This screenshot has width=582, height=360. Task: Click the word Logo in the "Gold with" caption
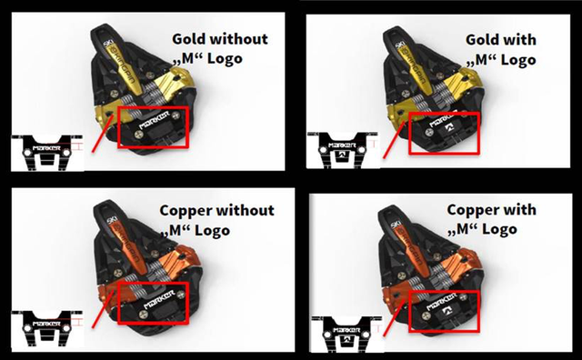515,60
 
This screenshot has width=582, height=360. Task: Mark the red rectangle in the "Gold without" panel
153,127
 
